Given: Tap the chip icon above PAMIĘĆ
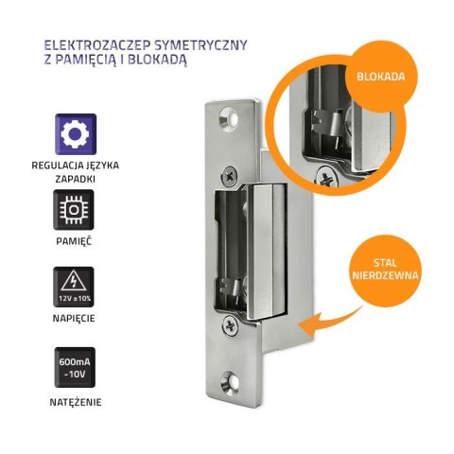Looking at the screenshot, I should pos(74,211).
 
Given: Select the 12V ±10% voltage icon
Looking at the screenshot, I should pos(74,287).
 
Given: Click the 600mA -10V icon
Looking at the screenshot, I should pos(74,366).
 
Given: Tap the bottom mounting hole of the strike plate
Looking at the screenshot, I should pos(229,384).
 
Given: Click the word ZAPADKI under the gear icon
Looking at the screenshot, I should pos(74,177).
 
